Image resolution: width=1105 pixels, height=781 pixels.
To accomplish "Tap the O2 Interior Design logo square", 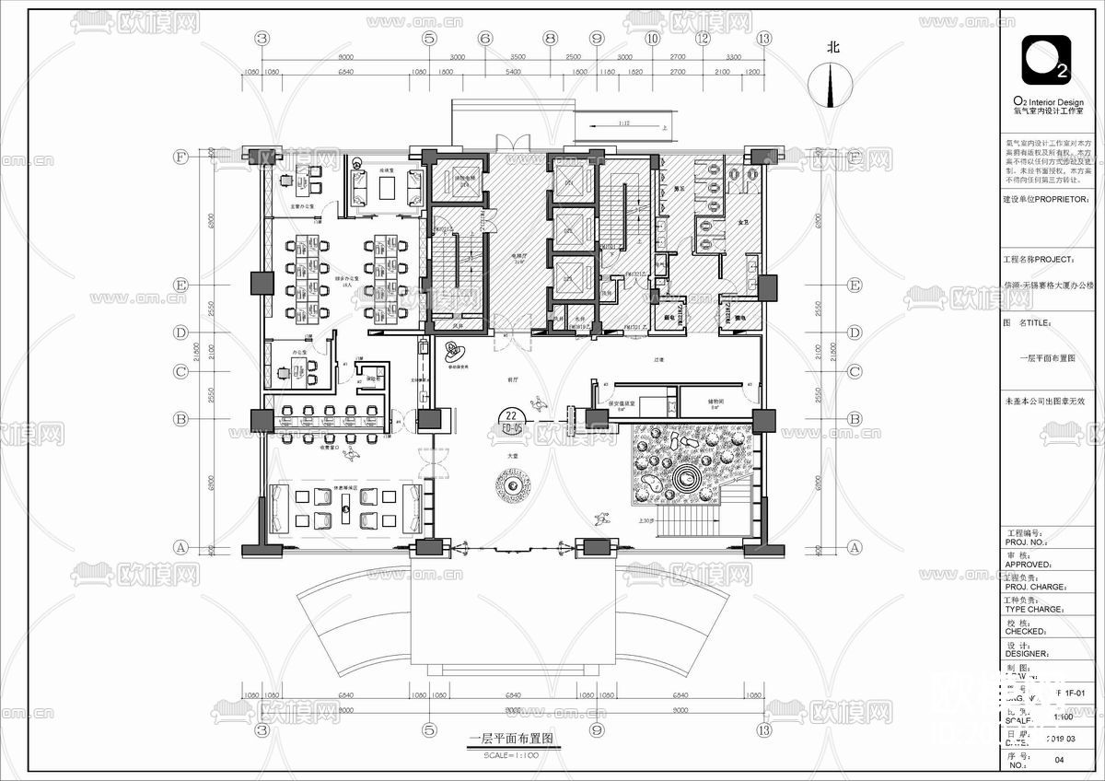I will (1046, 60).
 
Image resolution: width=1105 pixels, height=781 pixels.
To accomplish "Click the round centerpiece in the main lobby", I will (510, 482).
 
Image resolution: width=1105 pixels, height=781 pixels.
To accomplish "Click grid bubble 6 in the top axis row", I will (484, 39).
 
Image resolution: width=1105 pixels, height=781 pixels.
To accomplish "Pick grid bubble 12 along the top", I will (703, 39).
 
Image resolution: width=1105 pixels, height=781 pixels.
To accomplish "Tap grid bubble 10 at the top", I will (653, 39).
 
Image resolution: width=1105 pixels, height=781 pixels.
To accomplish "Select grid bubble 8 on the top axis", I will (550, 39).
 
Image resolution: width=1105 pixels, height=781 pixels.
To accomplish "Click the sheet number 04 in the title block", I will (1059, 760).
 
